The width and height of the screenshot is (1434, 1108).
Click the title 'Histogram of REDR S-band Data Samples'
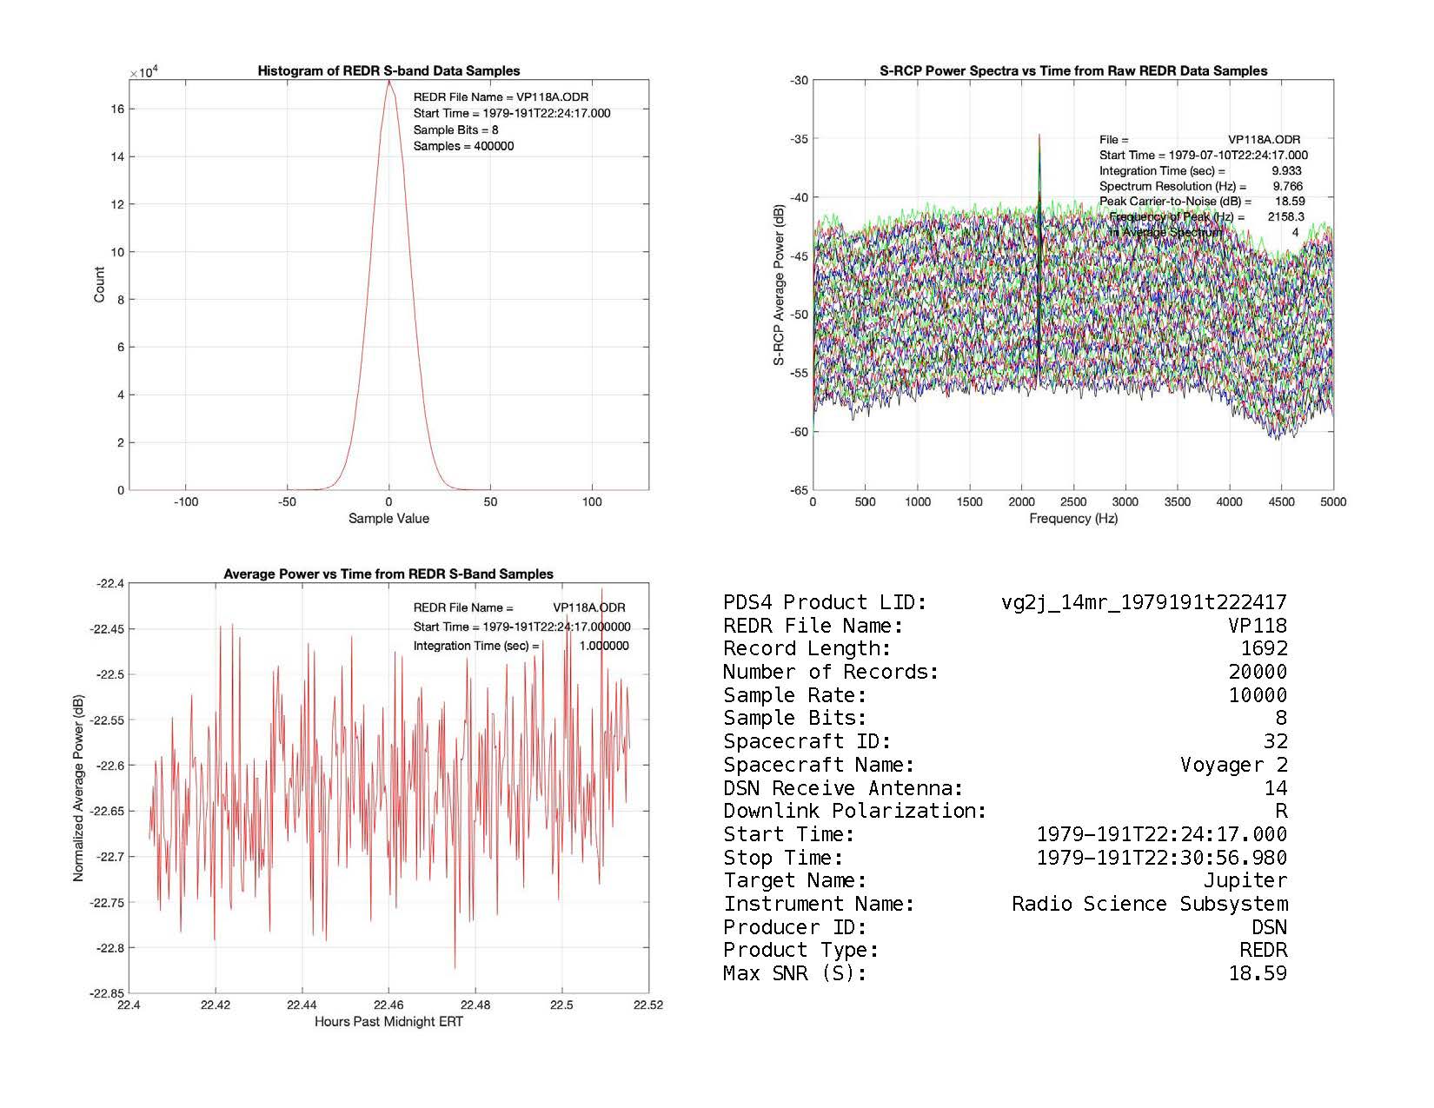[388, 71]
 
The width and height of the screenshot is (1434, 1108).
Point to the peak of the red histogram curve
[389, 81]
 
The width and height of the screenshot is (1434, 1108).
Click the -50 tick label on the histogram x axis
[287, 501]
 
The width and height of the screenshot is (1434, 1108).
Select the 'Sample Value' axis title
[388, 519]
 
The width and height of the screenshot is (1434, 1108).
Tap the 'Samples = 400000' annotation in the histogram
[463, 146]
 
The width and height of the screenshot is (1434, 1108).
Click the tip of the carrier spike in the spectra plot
[1039, 136]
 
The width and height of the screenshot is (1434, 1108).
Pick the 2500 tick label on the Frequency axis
[1073, 501]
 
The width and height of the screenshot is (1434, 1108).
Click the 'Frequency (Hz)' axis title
[1073, 519]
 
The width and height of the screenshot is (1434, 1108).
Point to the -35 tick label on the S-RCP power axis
[799, 139]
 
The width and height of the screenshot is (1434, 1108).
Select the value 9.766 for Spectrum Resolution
[1287, 186]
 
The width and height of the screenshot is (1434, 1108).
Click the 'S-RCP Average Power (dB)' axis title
[779, 285]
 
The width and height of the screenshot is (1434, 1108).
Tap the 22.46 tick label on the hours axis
[388, 1005]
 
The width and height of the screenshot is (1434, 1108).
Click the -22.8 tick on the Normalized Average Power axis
[108, 948]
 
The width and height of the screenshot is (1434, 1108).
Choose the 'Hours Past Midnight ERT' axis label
[388, 1022]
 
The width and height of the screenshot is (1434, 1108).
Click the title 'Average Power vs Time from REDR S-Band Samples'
[388, 574]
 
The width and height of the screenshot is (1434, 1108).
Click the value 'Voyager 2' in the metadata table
[1233, 765]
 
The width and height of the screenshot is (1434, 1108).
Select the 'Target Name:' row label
[795, 880]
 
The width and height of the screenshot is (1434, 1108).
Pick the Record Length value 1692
[1264, 648]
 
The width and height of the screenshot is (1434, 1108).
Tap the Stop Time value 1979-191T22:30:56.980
[1162, 858]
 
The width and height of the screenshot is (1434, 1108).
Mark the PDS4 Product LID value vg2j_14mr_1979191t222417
[1144, 602]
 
